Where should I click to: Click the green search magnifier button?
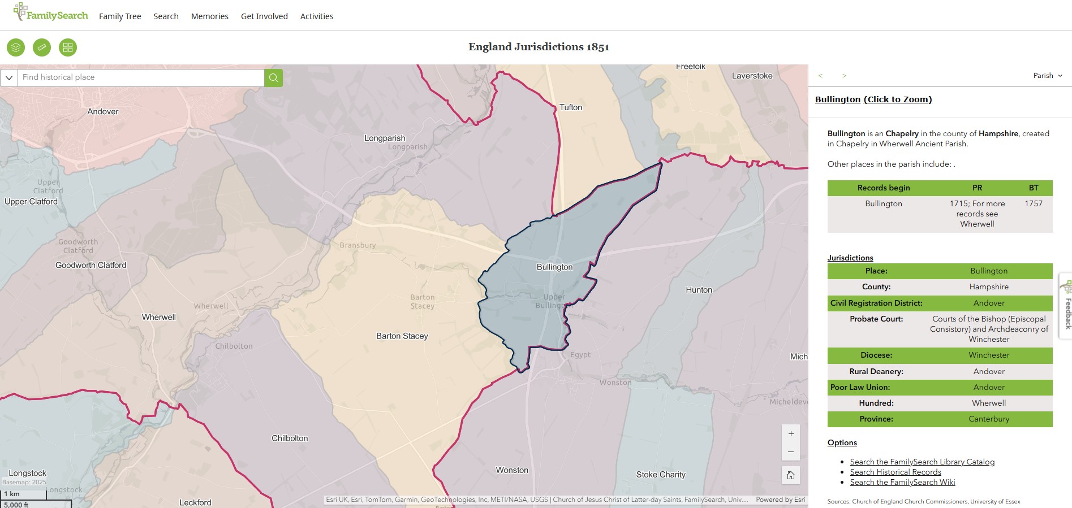point(273,78)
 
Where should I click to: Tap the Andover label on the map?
point(103,112)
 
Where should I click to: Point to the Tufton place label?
point(570,107)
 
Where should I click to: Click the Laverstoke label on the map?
point(752,76)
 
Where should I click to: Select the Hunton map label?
point(699,290)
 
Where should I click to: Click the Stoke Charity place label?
point(660,475)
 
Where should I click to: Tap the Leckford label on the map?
point(195,502)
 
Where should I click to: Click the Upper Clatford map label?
point(31,202)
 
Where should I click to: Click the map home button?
point(790,475)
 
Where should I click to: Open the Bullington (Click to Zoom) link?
point(873,99)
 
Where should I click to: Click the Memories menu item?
point(209,16)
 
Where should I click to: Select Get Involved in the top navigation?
point(264,16)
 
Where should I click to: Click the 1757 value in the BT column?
point(1033,203)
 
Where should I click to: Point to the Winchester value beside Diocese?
point(988,355)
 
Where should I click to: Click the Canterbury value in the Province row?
point(988,419)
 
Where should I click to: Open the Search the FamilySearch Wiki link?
point(902,482)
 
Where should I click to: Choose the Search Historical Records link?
point(895,472)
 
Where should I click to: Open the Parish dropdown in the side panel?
point(1047,76)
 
